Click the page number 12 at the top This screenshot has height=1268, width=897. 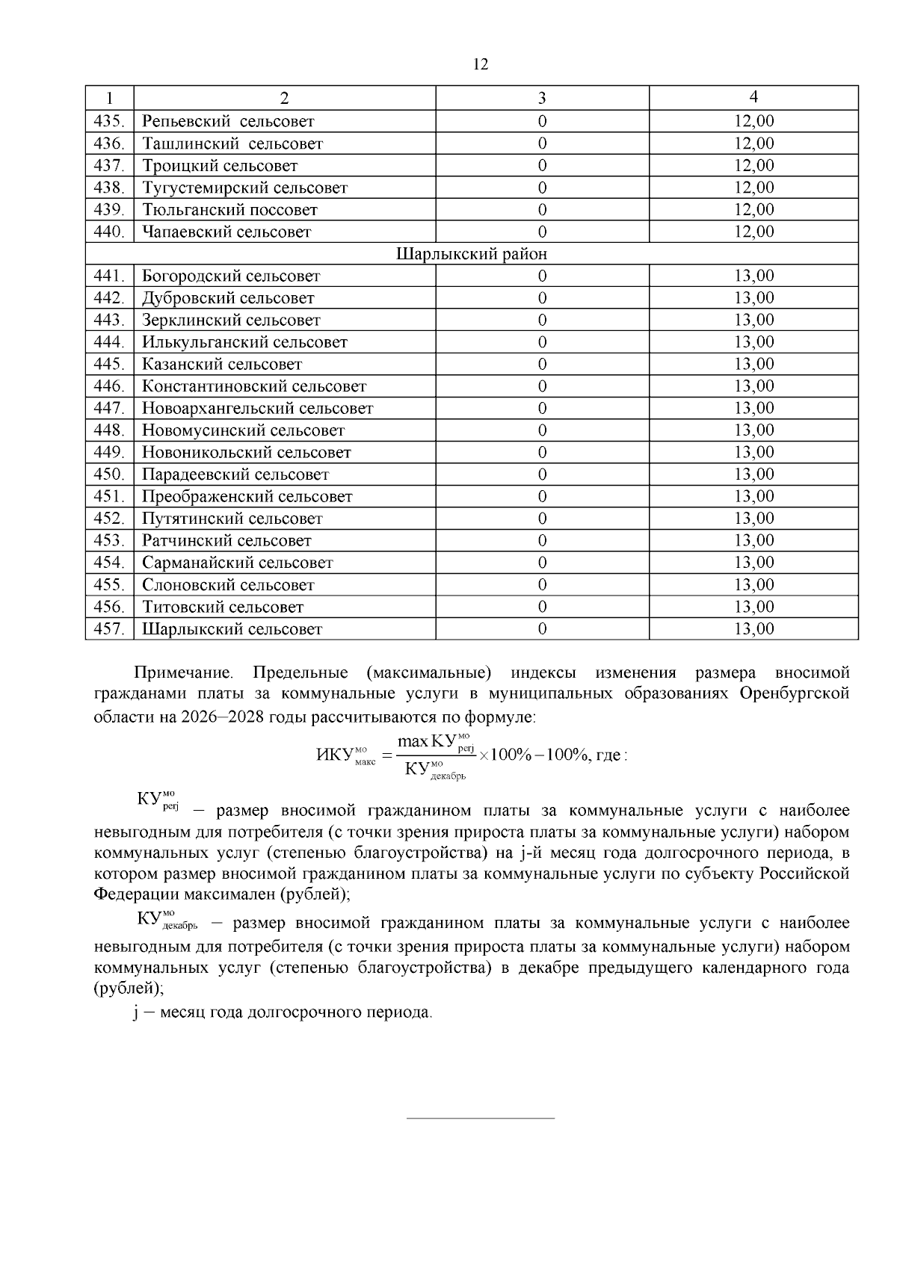tap(481, 64)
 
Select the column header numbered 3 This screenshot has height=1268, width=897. tap(542, 98)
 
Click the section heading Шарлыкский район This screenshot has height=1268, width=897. tap(472, 254)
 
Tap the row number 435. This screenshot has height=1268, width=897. tap(109, 121)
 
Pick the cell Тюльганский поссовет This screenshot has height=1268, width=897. tap(230, 210)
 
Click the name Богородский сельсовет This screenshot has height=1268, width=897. tap(231, 276)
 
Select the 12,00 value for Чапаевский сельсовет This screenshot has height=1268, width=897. tap(753, 232)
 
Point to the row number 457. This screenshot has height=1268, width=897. tap(109, 629)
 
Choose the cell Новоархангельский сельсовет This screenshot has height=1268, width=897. tap(257, 409)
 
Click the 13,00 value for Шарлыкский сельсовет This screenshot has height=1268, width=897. tap(753, 629)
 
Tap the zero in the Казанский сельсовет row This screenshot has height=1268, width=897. tap(542, 365)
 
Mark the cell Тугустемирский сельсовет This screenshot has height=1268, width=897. tap(245, 188)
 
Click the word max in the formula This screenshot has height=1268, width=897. tap(413, 741)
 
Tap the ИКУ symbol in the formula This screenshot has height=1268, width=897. tap(334, 755)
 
